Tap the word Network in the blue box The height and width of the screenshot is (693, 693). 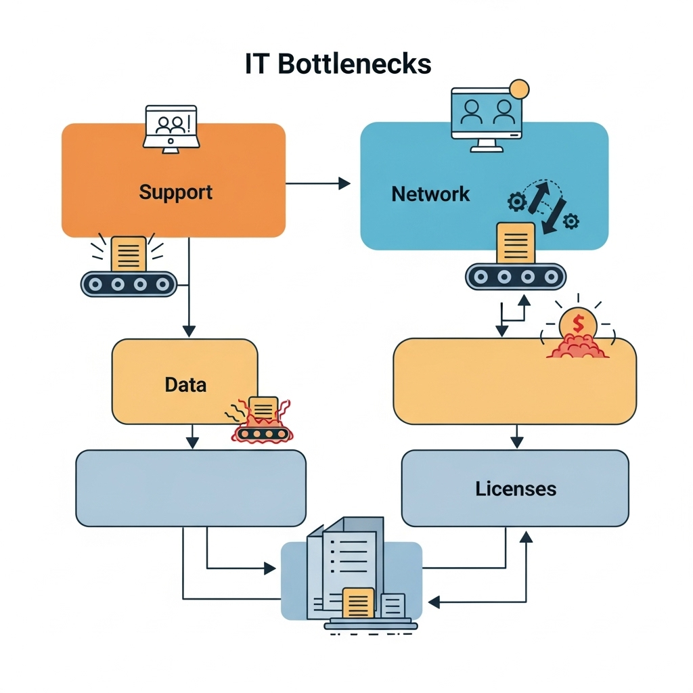point(430,194)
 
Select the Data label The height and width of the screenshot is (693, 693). point(185,385)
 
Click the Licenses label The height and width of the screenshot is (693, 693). point(516,488)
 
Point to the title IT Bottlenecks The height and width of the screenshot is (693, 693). point(338,64)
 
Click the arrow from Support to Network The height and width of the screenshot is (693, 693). point(318,183)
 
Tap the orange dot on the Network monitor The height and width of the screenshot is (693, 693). point(519,88)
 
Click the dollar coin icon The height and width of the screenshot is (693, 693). point(577,323)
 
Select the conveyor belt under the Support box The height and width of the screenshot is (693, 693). point(129,284)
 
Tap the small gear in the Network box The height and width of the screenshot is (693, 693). point(571,221)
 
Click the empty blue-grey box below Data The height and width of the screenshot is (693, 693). point(190,488)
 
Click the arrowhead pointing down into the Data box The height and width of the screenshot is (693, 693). point(189,331)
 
